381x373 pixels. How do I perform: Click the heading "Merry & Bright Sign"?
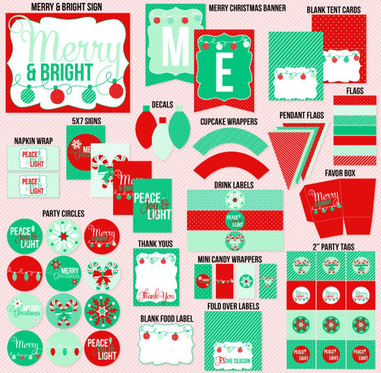click(66, 6)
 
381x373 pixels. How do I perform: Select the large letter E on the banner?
click(224, 72)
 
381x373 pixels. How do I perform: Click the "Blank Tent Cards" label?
click(333, 10)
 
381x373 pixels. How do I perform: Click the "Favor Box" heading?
click(340, 173)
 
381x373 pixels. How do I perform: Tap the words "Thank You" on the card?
click(156, 295)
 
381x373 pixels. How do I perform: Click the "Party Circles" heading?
click(63, 213)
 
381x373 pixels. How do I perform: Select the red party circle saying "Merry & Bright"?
click(102, 236)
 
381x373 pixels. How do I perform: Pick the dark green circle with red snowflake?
click(102, 311)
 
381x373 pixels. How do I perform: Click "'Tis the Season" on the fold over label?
click(232, 360)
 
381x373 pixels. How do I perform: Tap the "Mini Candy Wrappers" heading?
click(230, 260)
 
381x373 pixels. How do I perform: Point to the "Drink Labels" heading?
click(234, 185)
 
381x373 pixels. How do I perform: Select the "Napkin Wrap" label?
click(34, 141)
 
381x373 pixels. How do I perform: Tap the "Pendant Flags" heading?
click(302, 115)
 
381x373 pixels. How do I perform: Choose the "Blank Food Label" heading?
click(167, 319)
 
